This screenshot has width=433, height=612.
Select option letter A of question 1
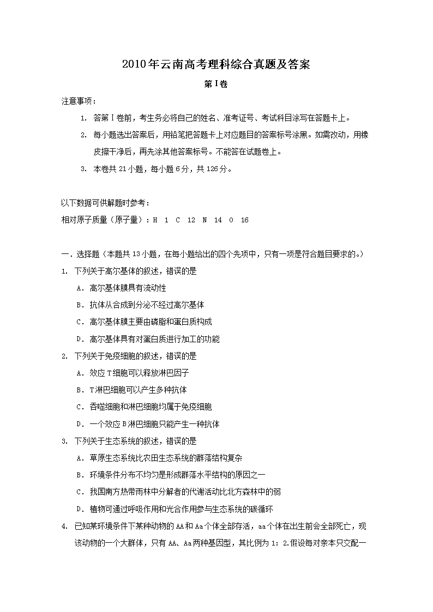click(80, 288)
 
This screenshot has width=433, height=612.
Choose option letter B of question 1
click(80, 305)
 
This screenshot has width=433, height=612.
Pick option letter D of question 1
click(80, 339)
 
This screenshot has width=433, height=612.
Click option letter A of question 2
click(80, 373)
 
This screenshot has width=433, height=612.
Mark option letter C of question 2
click(80, 407)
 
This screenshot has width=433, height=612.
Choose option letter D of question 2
click(80, 424)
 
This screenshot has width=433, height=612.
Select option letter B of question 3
click(80, 475)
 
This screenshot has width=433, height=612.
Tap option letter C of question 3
click(80, 492)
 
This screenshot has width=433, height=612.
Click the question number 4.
click(64, 526)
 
